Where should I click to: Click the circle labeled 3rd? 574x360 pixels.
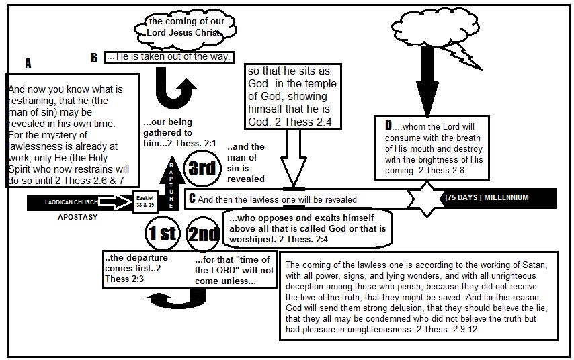point(202,169)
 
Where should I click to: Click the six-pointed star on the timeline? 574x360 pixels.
point(427,199)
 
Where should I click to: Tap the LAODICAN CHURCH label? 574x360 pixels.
point(71,201)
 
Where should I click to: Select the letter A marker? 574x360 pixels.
point(28,64)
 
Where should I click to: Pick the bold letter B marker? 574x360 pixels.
point(95,58)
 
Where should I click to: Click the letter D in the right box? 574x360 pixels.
point(388,125)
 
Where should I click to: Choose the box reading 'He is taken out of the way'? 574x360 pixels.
point(169,58)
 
